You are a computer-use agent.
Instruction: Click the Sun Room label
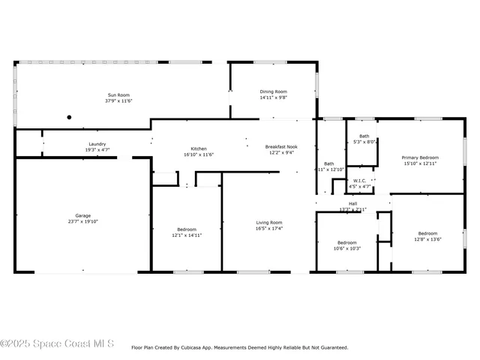click(118, 95)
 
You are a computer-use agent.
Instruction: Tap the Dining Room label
click(273, 91)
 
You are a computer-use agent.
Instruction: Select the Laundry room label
click(97, 144)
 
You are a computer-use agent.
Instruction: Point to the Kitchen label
click(199, 148)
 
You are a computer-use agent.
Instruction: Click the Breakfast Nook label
click(281, 146)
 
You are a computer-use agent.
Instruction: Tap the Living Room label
click(269, 222)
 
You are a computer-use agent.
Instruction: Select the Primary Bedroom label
click(419, 157)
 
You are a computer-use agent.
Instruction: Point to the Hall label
click(352, 203)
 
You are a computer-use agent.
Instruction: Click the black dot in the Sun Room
click(69, 117)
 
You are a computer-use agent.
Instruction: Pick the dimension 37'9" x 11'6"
click(118, 100)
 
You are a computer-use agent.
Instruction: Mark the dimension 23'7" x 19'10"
click(82, 222)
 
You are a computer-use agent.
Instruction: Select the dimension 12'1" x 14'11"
click(187, 235)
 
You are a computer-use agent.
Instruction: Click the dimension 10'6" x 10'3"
click(346, 248)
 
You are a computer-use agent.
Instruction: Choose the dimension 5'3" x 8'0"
click(364, 141)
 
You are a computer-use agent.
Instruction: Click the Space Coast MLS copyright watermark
click(57, 343)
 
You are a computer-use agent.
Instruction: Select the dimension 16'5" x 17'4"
click(269, 228)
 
